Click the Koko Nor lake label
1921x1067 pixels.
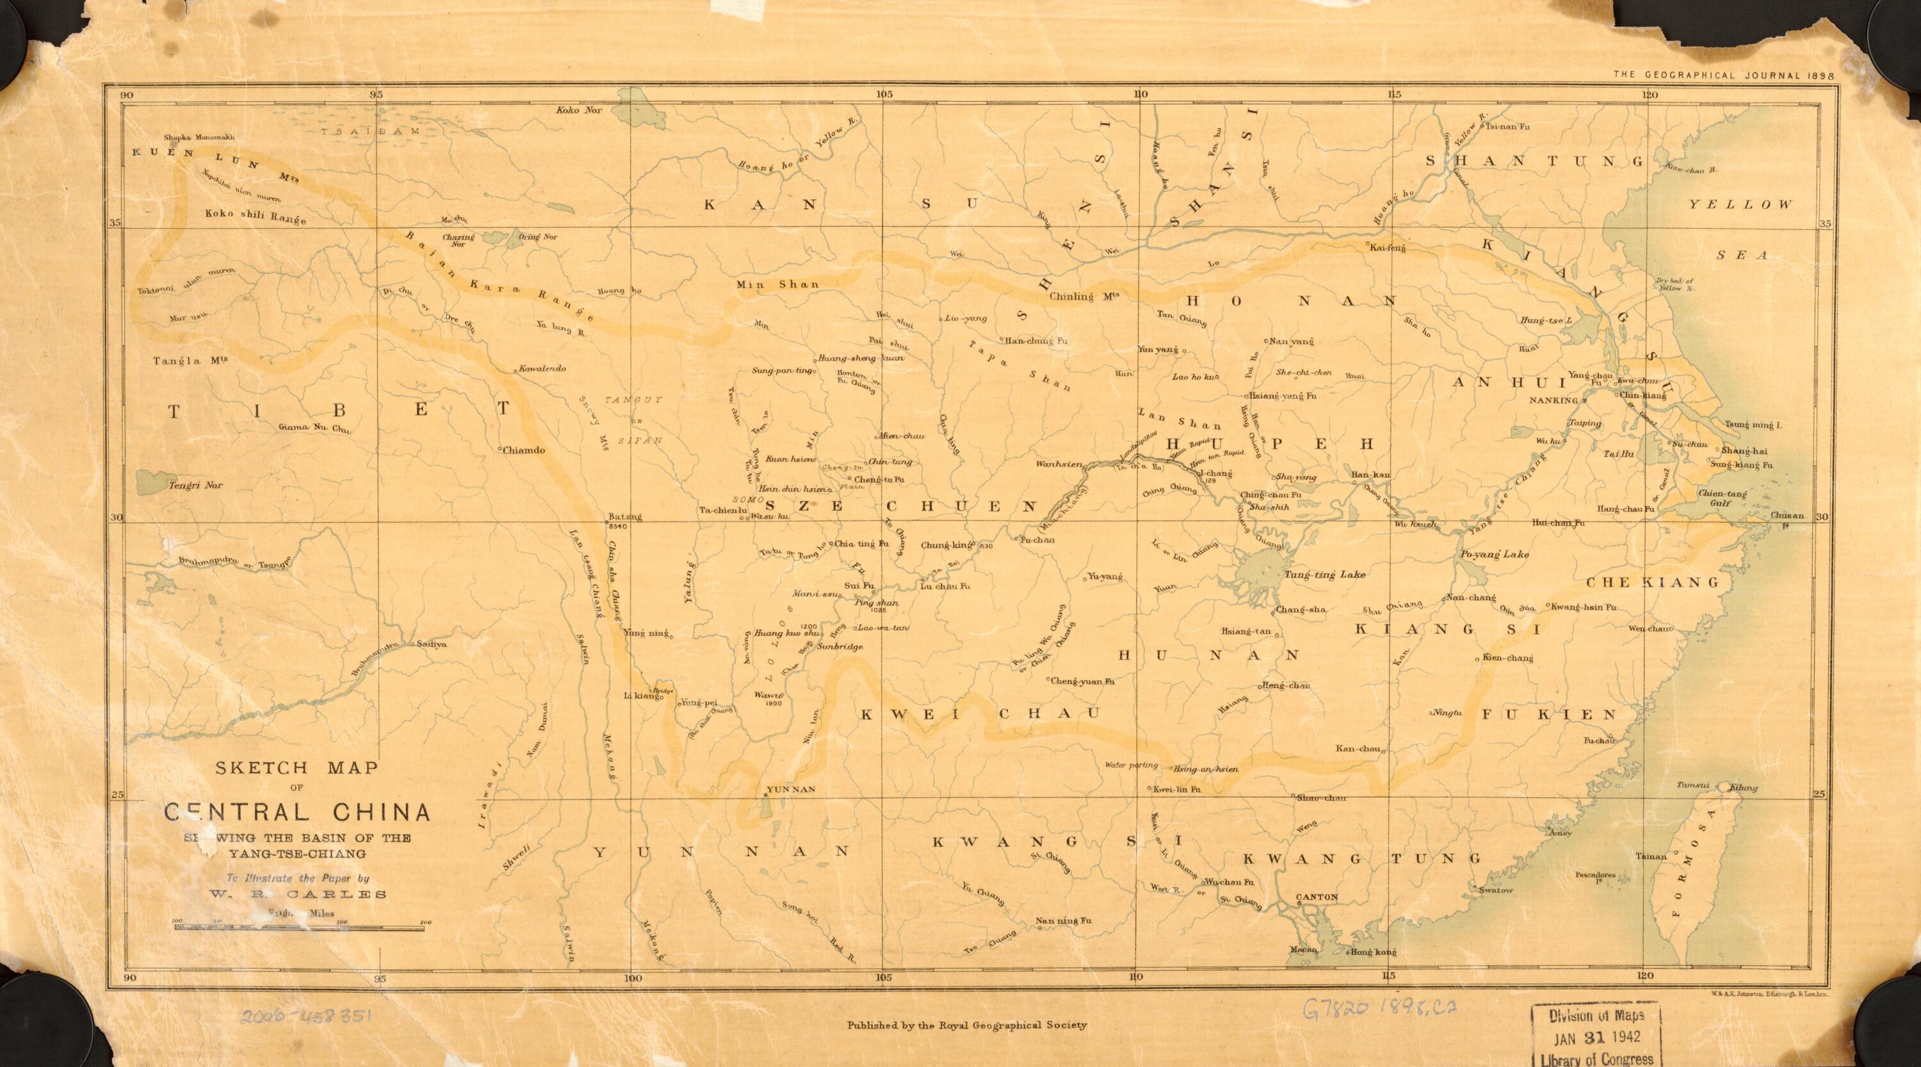click(x=579, y=110)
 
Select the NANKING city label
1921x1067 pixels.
click(x=1557, y=400)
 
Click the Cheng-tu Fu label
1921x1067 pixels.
click(x=879, y=478)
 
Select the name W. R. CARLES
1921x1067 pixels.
click(x=297, y=895)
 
